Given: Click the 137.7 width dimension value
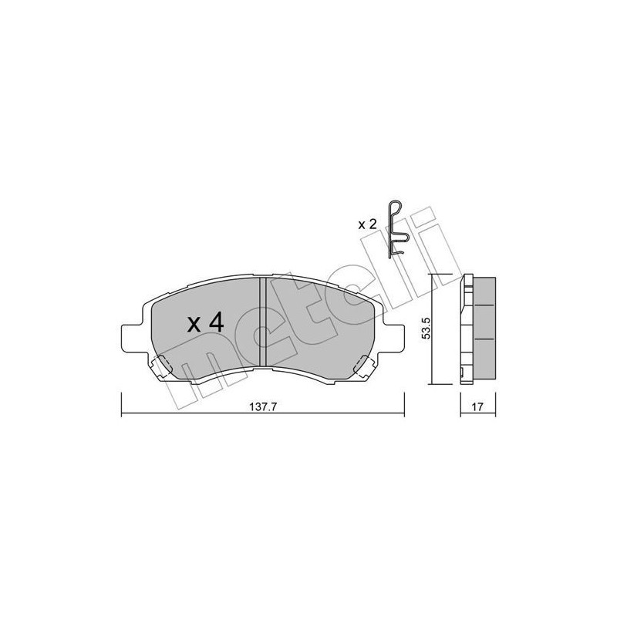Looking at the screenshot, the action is (263, 407).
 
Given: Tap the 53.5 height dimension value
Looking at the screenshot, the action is (427, 329).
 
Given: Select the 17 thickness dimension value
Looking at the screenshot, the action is (477, 407).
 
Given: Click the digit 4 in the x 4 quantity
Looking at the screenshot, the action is (216, 323).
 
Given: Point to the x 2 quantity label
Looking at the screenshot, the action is (368, 224).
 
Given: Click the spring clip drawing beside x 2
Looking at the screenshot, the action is (397, 229).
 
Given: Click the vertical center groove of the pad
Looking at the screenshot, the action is (263, 322).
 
